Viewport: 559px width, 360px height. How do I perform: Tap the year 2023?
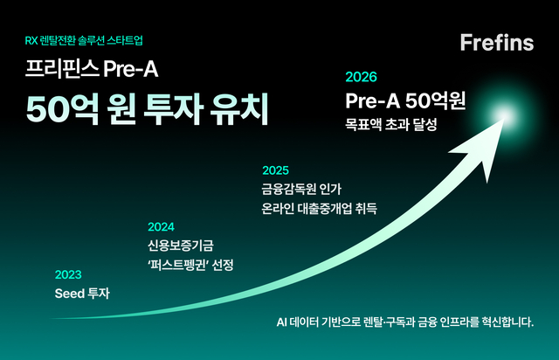68,273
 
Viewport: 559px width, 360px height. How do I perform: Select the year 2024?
161,225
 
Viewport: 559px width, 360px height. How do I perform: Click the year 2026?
362,77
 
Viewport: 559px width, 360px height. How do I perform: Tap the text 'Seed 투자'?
83,293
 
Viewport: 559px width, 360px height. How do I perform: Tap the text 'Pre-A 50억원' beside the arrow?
404,99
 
